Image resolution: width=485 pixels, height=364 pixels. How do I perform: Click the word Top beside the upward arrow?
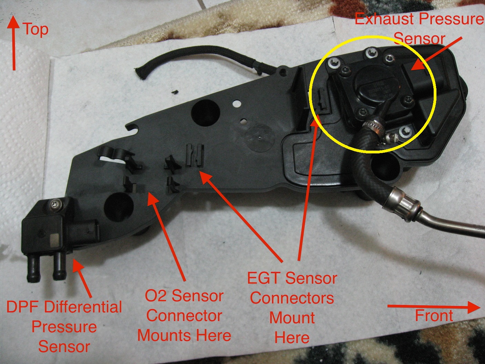36,30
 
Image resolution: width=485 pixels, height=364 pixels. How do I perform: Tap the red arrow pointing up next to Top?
14,43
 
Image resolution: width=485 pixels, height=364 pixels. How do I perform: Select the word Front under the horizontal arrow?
434,315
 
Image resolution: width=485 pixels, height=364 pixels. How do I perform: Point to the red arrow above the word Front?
434,307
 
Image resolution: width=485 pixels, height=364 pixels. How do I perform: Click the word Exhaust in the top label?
387,19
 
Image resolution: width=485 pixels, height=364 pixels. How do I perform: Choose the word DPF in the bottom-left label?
23,307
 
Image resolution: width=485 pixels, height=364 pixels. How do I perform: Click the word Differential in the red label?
83,307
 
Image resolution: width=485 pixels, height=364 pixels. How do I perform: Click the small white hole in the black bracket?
237,103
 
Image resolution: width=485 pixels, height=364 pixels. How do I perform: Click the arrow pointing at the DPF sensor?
82,279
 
